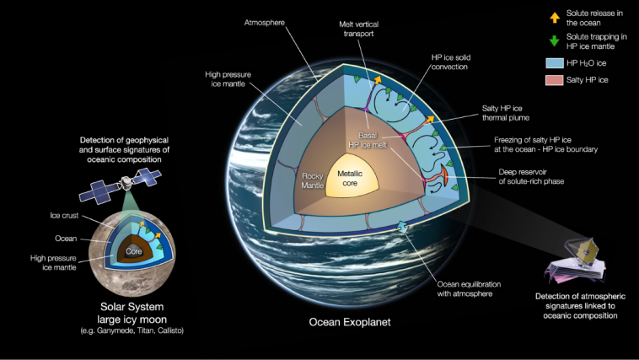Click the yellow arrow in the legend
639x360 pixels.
tap(555, 18)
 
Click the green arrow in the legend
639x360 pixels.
tap(554, 40)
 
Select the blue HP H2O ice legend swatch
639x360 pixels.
tap(554, 63)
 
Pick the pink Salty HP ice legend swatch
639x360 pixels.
tap(554, 80)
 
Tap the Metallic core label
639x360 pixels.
tap(350, 179)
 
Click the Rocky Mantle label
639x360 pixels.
tap(313, 180)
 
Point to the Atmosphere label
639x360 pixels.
tap(265, 23)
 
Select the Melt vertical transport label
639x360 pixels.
tap(358, 29)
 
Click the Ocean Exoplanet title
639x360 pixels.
tap(350, 322)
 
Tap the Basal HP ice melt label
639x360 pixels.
tap(368, 140)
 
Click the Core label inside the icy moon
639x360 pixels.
tap(134, 251)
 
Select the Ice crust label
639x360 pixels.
tap(64, 215)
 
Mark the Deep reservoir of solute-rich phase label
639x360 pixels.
tap(531, 176)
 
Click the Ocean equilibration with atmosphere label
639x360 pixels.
tap(469, 288)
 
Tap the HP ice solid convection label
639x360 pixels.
tap(451, 62)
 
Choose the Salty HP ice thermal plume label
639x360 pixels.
tap(505, 113)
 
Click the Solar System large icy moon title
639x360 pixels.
tap(132, 313)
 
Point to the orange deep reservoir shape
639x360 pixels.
tap(445, 176)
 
